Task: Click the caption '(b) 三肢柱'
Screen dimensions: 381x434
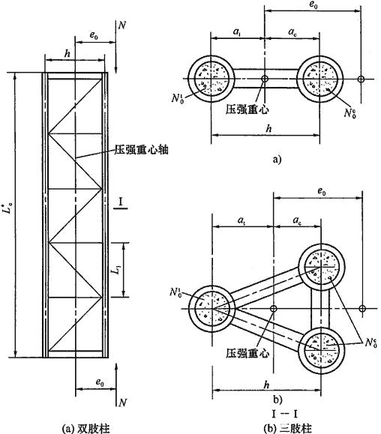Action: click(288, 428)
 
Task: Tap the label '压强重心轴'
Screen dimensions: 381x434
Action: click(141, 150)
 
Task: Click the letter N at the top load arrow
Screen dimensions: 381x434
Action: click(122, 25)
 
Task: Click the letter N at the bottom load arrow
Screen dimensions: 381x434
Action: click(122, 403)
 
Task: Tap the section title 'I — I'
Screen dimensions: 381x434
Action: click(285, 414)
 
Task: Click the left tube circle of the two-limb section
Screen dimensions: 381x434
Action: click(188, 79)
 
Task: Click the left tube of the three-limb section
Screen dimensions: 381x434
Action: click(189, 308)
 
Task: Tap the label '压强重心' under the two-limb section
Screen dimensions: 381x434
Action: click(247, 109)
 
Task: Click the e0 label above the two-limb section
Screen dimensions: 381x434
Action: click(313, 5)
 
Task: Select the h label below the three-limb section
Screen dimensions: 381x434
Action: click(267, 385)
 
